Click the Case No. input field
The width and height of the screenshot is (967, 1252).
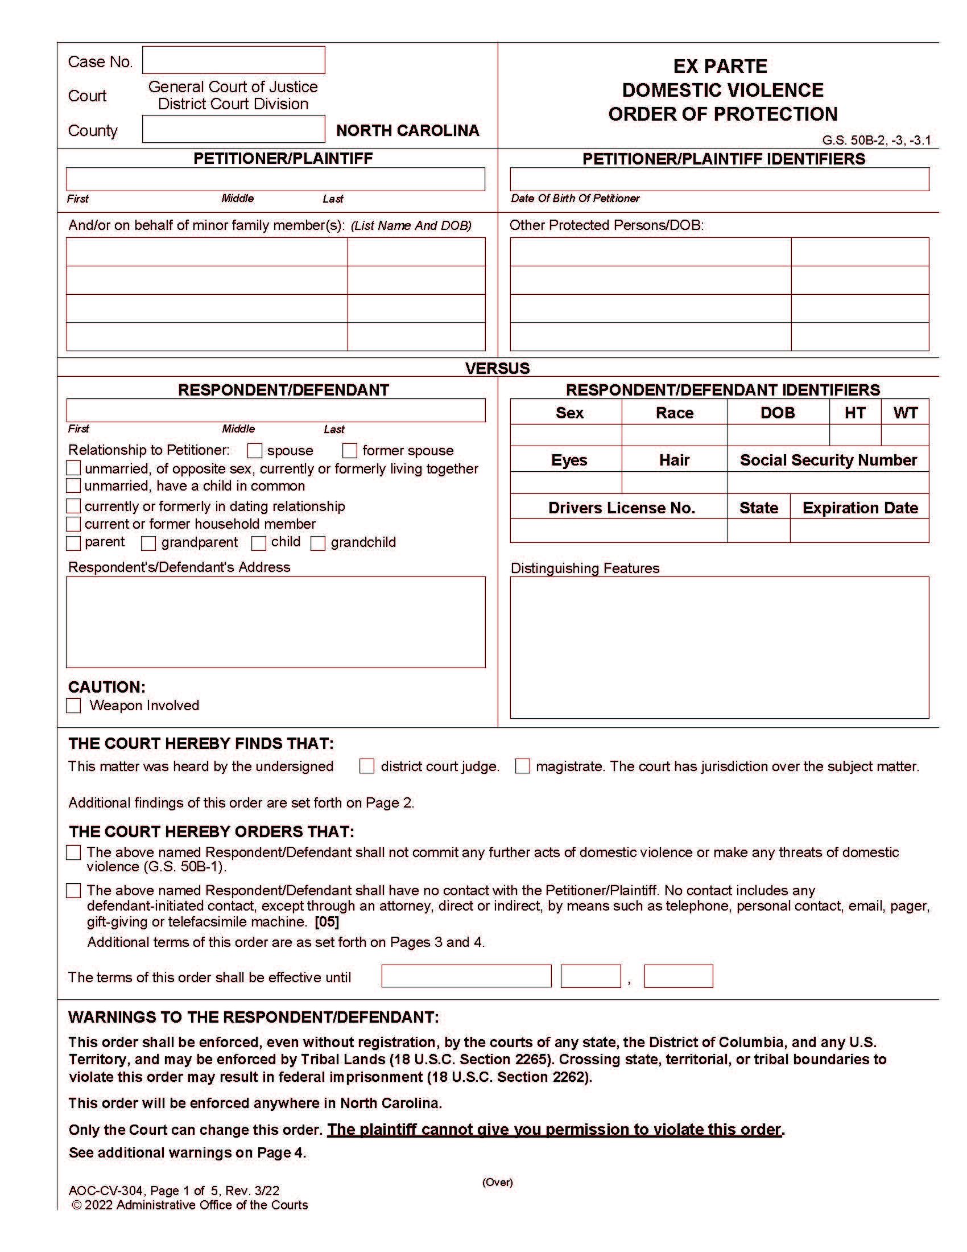tap(233, 60)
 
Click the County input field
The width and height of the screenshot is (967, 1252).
tap(233, 129)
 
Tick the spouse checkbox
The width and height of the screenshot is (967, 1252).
tap(255, 451)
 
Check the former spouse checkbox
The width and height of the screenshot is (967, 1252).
tap(350, 451)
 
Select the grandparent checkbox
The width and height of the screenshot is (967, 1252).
tap(148, 543)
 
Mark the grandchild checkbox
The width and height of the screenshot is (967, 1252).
tap(318, 543)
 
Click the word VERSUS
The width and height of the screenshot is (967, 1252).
tap(497, 368)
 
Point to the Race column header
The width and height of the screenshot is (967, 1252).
tap(674, 413)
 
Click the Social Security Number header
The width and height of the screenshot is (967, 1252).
tap(828, 460)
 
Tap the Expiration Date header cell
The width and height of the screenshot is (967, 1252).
tap(859, 508)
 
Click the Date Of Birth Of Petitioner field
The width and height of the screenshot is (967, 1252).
tap(719, 179)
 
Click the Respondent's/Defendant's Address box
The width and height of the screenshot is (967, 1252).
tap(275, 622)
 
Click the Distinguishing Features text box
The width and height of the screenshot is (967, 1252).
tap(719, 647)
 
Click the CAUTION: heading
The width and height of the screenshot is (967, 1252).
tap(106, 687)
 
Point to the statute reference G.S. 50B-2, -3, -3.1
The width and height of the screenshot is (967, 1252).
tap(877, 140)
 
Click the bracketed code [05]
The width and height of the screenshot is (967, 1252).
tap(327, 922)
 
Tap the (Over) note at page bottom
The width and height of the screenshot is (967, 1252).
tap(497, 1181)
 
